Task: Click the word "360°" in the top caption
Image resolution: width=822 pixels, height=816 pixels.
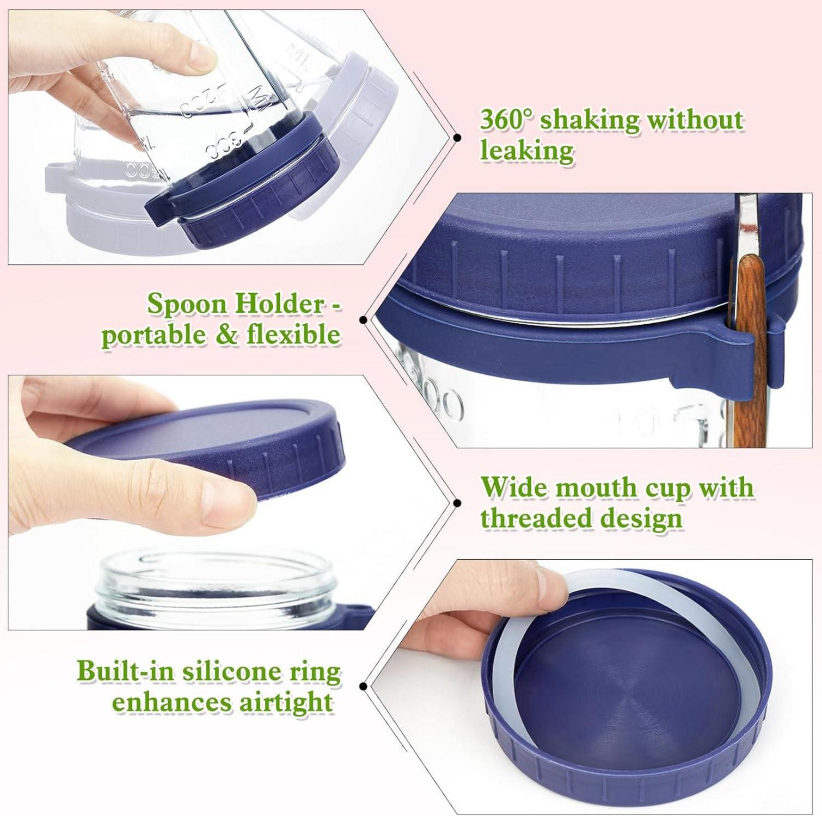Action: pos(505,120)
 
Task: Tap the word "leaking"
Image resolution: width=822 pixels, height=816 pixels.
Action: pos(526,151)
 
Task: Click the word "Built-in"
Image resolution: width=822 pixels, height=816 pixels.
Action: pos(126,670)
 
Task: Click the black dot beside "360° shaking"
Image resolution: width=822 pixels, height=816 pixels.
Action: pos(457,138)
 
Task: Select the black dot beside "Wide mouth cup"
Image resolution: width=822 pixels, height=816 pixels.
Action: pos(457,503)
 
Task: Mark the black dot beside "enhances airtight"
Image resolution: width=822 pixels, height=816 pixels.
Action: pos(363,686)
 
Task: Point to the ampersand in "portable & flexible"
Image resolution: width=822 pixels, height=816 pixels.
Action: pos(227,335)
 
